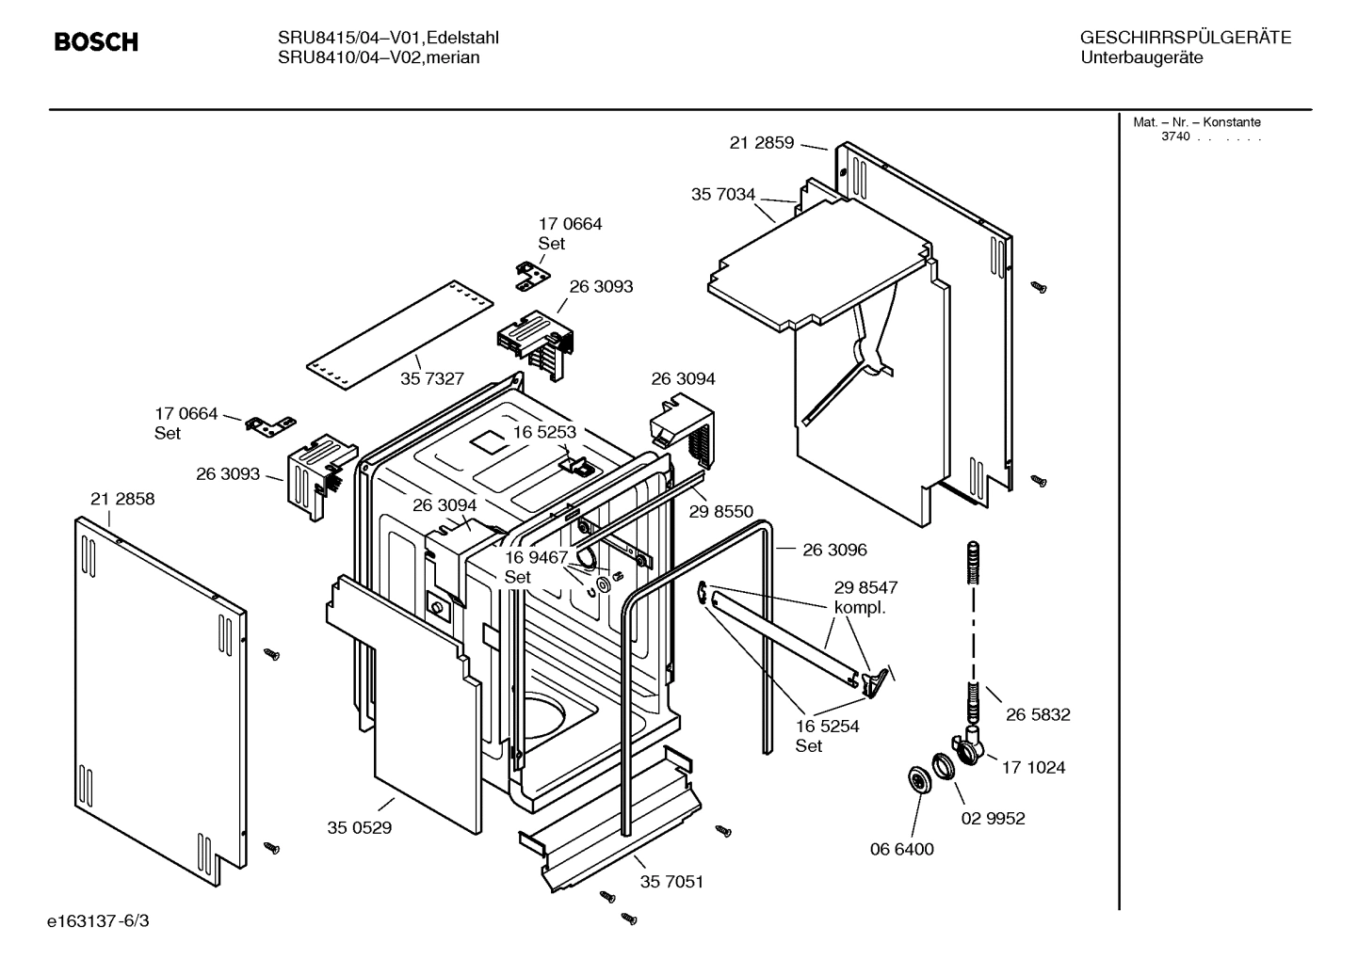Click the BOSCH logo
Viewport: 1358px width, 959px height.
[96, 42]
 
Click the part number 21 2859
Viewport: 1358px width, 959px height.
[761, 143]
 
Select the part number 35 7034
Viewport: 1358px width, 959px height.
[722, 195]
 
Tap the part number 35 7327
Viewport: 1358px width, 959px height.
[432, 378]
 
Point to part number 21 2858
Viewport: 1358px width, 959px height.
[122, 499]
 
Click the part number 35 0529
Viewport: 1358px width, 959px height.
[359, 828]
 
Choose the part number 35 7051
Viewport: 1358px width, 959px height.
[671, 882]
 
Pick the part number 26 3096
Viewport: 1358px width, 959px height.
[834, 550]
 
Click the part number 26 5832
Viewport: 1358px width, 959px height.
[1038, 715]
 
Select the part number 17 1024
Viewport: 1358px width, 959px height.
[1033, 768]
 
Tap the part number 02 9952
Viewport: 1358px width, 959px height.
[993, 819]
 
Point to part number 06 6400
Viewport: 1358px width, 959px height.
[901, 850]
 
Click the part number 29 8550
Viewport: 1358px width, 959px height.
[720, 512]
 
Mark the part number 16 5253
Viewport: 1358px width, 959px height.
[544, 432]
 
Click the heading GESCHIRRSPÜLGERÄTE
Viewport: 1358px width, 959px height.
[1185, 38]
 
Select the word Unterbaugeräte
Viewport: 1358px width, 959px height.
[1141, 58]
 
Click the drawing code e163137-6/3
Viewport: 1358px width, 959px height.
[98, 920]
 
